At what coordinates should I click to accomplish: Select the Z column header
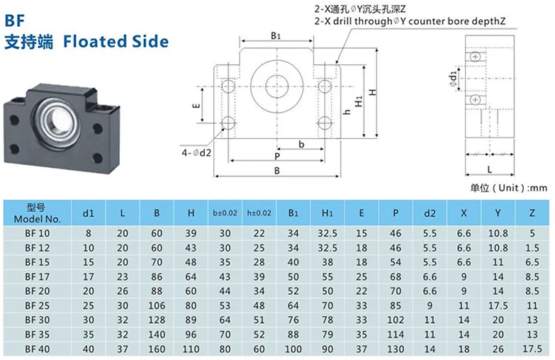[532, 213]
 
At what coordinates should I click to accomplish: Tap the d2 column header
[430, 213]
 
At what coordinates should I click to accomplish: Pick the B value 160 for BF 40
[157, 349]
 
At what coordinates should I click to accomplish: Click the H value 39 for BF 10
[191, 232]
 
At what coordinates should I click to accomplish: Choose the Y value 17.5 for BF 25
[498, 305]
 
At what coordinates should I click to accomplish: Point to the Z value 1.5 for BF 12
[532, 247]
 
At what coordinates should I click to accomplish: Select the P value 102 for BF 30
[395, 320]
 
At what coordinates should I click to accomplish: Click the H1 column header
[327, 213]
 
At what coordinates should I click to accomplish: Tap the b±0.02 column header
[225, 213]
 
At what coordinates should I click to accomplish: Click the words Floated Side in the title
[116, 40]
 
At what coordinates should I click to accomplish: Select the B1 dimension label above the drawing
[275, 34]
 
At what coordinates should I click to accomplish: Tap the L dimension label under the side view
[490, 168]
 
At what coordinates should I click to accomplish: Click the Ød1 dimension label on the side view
[454, 77]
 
